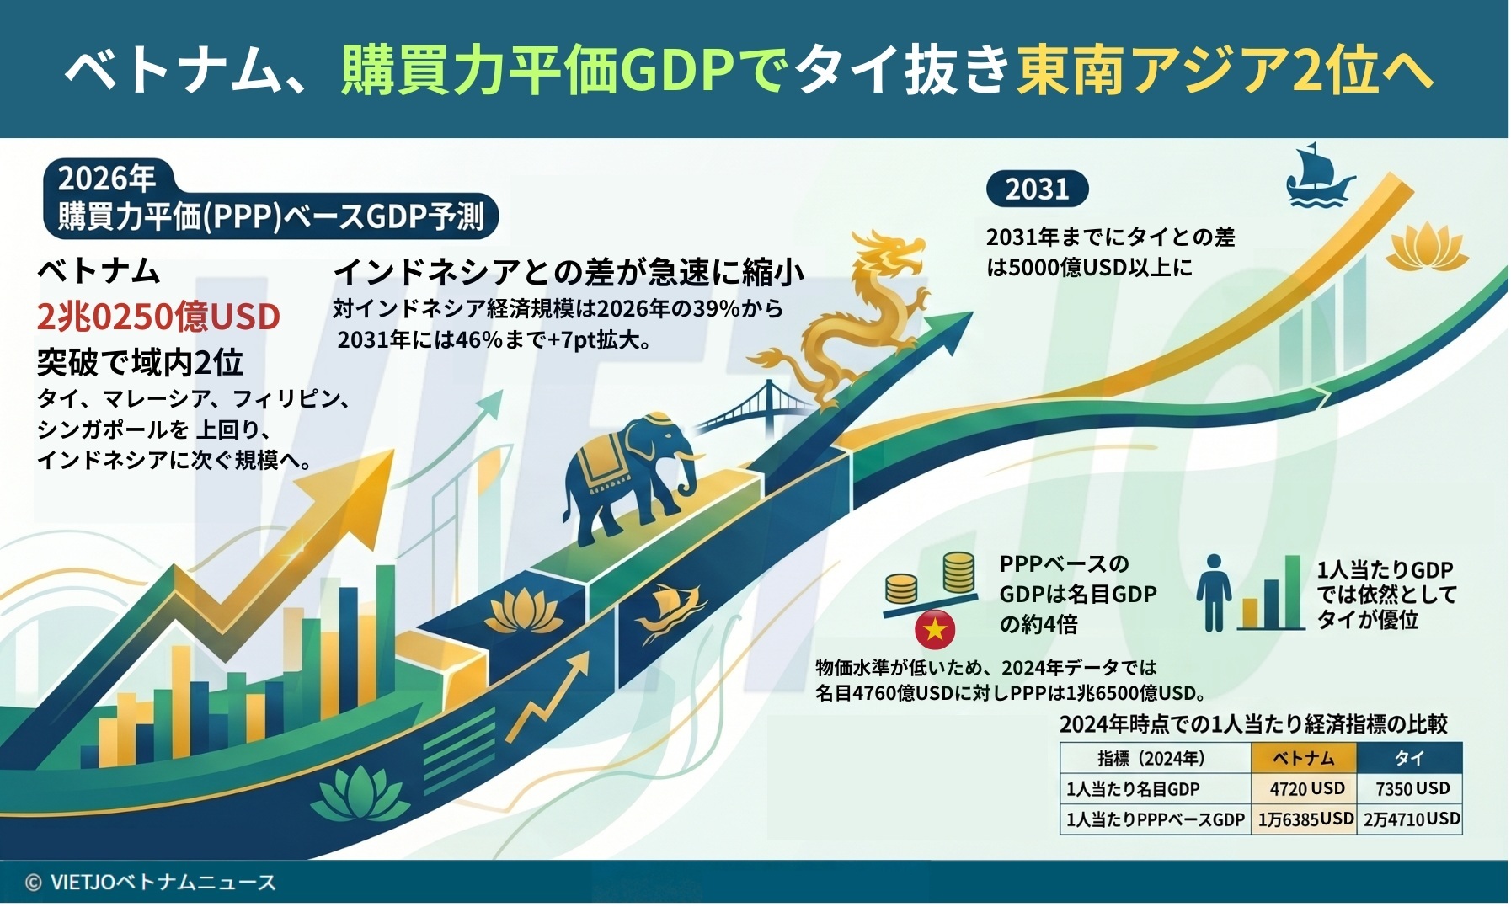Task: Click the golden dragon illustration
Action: [x=851, y=320]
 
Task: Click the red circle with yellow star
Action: [x=935, y=628]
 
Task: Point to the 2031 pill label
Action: [x=1037, y=189]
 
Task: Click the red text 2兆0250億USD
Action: [x=158, y=317]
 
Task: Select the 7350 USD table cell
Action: [x=1411, y=788]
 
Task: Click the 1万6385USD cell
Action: [x=1305, y=819]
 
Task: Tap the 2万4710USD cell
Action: [x=1411, y=819]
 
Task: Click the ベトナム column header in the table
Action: [x=1305, y=758]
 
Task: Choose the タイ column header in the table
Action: [x=1410, y=758]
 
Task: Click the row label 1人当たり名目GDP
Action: [x=1133, y=789]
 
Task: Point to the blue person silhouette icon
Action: [x=1214, y=593]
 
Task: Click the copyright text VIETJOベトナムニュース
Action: [x=151, y=882]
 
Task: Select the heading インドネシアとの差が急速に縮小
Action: [x=569, y=271]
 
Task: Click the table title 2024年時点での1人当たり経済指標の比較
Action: [x=1253, y=723]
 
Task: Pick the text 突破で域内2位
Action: [x=140, y=362]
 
